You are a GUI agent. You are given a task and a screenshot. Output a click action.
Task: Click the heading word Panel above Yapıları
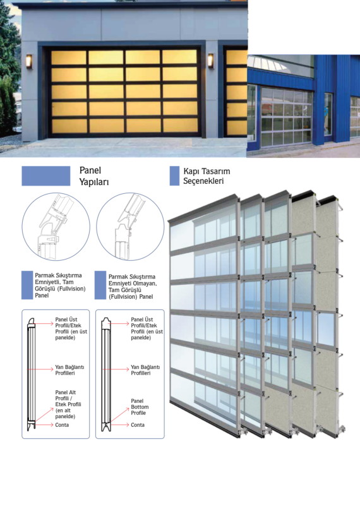pos(90,171)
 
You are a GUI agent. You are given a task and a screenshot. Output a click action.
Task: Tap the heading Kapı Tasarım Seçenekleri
pos(207,176)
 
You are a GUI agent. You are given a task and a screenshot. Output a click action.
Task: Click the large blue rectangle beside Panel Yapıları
pos(45,176)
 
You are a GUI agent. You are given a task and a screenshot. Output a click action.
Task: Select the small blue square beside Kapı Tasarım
pos(174,176)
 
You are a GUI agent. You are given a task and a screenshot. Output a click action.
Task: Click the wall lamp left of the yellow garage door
pos(29,61)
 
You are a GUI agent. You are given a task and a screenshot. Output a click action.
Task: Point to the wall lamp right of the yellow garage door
pos(211,61)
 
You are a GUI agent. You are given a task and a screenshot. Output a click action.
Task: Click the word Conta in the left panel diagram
pos(62,425)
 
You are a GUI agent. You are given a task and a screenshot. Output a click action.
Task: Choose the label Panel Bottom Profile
pos(140,407)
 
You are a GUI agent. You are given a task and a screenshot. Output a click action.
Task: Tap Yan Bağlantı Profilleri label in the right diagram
pos(145,370)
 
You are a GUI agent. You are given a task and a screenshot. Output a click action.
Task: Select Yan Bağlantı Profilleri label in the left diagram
pos(69,370)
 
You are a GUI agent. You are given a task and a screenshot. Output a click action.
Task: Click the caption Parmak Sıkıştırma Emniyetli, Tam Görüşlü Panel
pos(60,285)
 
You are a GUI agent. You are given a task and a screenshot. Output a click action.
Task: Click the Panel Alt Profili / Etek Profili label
pos(68,404)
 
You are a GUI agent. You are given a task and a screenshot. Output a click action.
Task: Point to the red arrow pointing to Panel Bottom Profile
pos(119,415)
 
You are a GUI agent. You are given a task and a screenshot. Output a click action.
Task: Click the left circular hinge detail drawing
pos(56,227)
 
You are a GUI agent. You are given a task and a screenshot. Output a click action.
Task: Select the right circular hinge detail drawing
pos(130,227)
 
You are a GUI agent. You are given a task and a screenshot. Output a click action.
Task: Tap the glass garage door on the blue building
pos(287,116)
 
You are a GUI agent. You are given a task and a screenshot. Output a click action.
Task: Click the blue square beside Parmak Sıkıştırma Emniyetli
pos(27,285)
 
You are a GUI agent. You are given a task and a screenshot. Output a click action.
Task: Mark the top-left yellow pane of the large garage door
pos(69,57)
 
